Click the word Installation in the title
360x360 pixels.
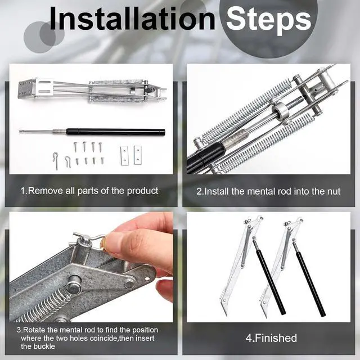click(x=132, y=19)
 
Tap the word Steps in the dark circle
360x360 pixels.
click(x=268, y=20)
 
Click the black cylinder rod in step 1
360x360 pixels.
click(x=116, y=132)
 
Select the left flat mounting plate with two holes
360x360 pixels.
click(x=124, y=155)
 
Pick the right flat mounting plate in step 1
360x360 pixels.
click(x=137, y=155)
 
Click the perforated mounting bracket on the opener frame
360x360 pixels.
click(x=26, y=88)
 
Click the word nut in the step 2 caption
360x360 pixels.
click(x=334, y=191)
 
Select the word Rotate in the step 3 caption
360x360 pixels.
click(x=34, y=330)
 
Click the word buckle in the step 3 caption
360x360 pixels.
click(x=45, y=346)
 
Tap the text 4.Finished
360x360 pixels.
click(x=271, y=338)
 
